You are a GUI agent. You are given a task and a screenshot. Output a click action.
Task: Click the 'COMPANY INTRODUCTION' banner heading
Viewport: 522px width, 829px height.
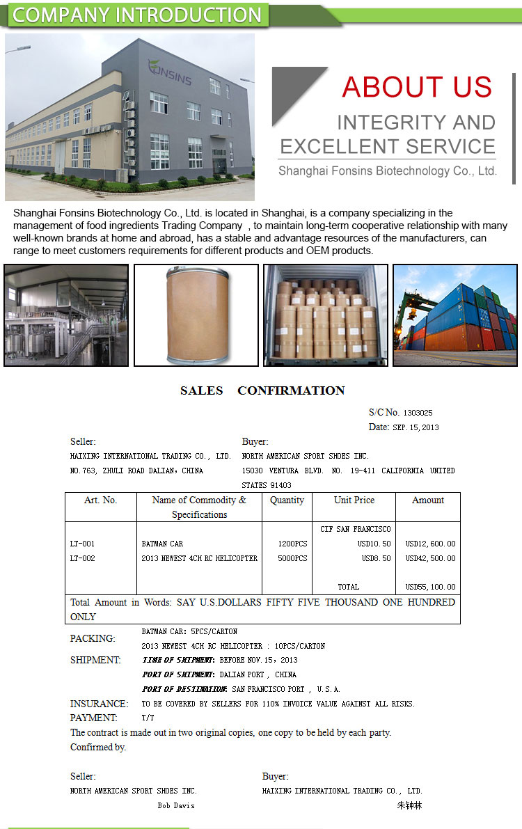click(x=137, y=15)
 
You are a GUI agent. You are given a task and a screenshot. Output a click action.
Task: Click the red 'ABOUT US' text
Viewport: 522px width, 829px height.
click(x=417, y=87)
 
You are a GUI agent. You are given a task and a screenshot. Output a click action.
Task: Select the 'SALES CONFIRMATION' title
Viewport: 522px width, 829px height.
click(x=262, y=390)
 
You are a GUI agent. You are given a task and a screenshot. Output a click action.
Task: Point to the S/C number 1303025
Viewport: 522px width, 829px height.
click(x=418, y=413)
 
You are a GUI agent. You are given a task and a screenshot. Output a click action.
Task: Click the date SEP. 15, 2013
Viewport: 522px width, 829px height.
click(x=416, y=427)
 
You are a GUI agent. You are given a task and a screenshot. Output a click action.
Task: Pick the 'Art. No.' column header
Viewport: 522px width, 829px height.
click(x=101, y=500)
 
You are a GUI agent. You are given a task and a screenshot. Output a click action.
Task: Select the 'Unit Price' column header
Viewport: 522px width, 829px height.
click(x=354, y=500)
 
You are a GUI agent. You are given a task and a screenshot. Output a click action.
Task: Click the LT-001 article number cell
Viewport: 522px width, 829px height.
click(x=83, y=544)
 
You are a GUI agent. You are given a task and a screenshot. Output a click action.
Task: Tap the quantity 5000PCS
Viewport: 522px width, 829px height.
click(x=292, y=558)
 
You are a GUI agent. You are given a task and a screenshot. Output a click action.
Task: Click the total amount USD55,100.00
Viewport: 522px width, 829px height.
click(x=430, y=587)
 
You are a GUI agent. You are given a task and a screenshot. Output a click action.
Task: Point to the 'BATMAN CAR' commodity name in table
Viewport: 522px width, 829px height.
click(x=162, y=544)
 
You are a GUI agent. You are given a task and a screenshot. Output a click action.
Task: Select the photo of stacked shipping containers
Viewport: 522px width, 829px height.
click(x=454, y=315)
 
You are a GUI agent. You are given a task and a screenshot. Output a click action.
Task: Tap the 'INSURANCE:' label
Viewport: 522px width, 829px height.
click(x=99, y=704)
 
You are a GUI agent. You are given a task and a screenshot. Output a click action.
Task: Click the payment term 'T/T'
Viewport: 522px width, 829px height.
click(x=148, y=718)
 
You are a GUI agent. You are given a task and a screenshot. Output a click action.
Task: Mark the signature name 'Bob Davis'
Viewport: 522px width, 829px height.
click(x=176, y=805)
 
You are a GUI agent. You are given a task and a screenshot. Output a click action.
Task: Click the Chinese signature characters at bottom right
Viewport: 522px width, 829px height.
click(x=409, y=805)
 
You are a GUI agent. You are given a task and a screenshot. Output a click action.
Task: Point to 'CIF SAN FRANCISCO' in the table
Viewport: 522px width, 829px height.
click(x=356, y=529)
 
